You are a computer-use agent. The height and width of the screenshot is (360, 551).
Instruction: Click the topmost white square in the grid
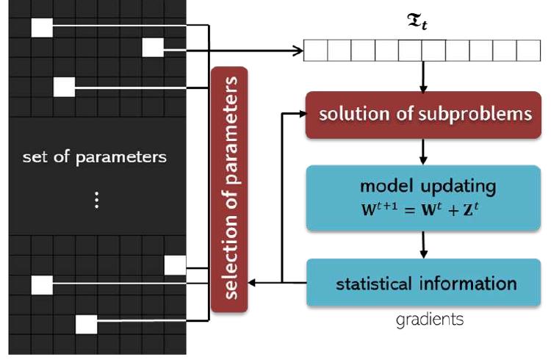tap(42, 27)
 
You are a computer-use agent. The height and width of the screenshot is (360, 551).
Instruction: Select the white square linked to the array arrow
tap(153, 48)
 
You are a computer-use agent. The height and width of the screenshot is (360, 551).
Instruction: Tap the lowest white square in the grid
tap(87, 323)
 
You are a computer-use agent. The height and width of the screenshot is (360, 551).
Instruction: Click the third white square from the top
tap(64, 87)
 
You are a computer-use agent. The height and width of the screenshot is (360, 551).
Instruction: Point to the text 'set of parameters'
tap(95, 157)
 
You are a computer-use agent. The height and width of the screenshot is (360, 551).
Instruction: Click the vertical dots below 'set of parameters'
tap(96, 201)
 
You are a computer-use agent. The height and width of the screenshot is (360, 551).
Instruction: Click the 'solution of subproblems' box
tap(422, 115)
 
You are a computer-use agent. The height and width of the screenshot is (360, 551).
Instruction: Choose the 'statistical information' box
tap(422, 283)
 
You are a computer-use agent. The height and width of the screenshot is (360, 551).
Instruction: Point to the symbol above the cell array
tap(414, 24)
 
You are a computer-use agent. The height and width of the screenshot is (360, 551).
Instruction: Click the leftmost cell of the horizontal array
tap(315, 51)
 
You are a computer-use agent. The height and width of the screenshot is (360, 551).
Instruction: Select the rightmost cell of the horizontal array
tap(529, 51)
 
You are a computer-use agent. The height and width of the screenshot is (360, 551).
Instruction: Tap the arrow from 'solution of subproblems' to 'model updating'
tap(423, 152)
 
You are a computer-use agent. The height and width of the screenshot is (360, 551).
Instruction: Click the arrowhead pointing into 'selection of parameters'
tap(253, 283)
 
